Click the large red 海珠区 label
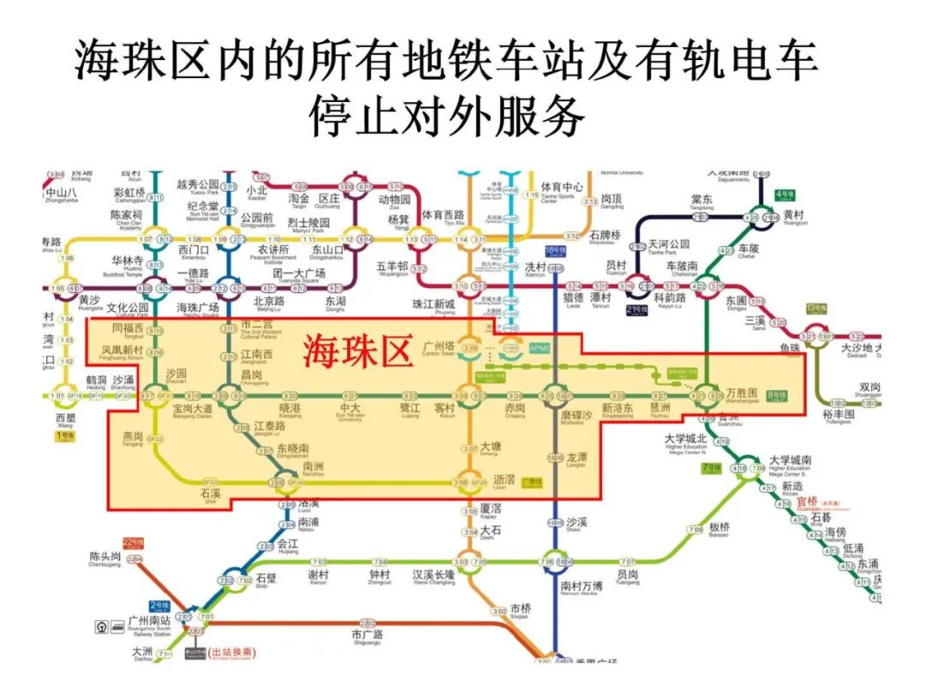[x=359, y=351]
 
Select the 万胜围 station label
[x=742, y=393]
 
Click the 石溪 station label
[x=211, y=494]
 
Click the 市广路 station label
[x=367, y=635]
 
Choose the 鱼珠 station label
[x=791, y=348]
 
